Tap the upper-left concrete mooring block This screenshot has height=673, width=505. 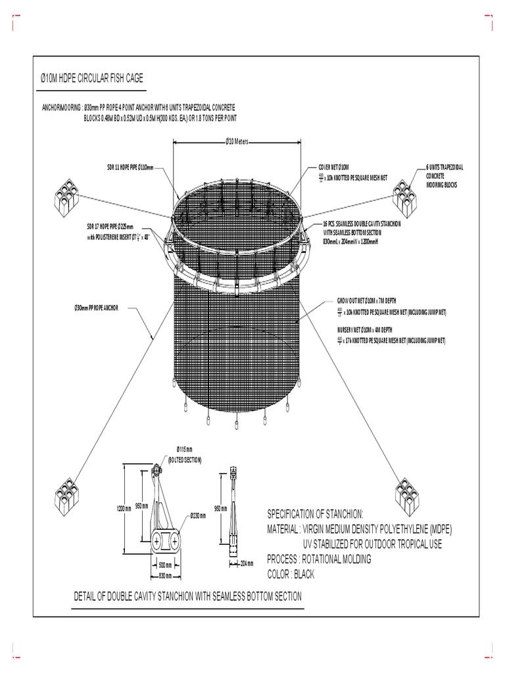(x=68, y=197)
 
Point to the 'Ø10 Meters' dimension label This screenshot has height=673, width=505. (x=237, y=141)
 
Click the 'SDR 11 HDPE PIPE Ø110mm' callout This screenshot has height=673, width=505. (x=130, y=168)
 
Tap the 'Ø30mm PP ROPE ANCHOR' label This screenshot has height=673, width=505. (x=96, y=308)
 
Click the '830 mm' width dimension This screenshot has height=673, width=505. (x=165, y=576)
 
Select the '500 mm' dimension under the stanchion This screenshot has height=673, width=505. (x=166, y=565)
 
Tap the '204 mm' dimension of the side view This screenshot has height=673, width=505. (x=247, y=563)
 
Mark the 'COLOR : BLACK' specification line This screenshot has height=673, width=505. (x=291, y=574)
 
